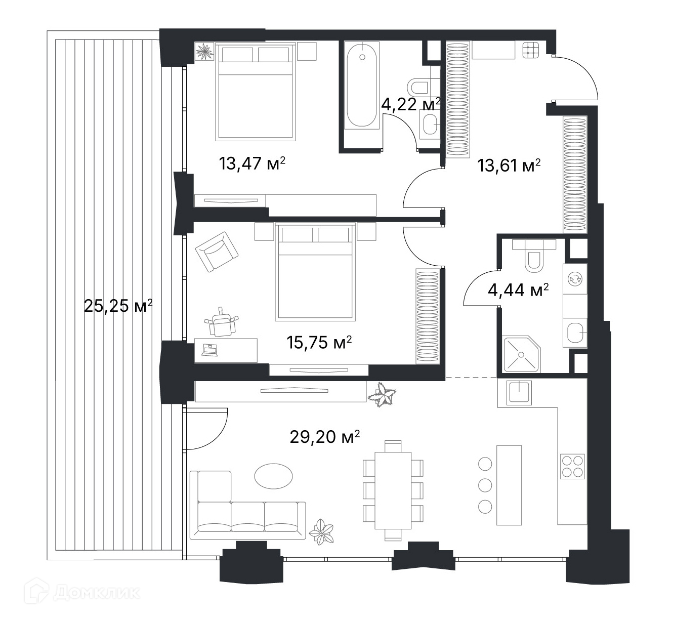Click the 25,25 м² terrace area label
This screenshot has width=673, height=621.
118,306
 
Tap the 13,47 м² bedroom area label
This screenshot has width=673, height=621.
252,163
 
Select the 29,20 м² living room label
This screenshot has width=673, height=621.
324,437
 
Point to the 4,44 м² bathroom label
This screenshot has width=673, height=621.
518,290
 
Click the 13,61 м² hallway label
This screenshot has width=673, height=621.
509,166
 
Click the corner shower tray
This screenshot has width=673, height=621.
522,354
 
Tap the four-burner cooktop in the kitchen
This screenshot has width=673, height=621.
572,467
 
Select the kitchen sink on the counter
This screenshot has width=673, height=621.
519,392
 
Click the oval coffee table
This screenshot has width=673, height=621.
273,476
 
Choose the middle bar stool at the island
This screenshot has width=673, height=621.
485,485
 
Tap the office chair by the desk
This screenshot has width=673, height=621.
222,323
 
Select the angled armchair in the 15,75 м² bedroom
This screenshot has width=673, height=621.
217,252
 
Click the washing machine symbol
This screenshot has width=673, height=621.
575,279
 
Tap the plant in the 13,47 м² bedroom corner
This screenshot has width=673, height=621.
205,51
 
